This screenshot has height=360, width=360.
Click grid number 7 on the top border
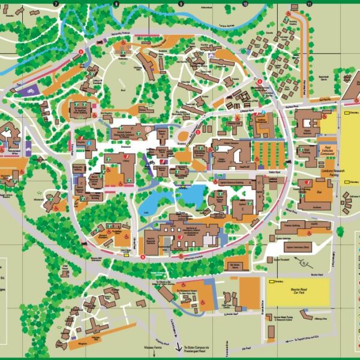[x=56, y=4]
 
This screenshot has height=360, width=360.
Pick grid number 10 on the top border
[x=245, y=4]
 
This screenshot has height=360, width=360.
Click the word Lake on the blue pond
[x=145, y=211]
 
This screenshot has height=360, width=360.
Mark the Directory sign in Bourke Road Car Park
[x=278, y=280]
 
